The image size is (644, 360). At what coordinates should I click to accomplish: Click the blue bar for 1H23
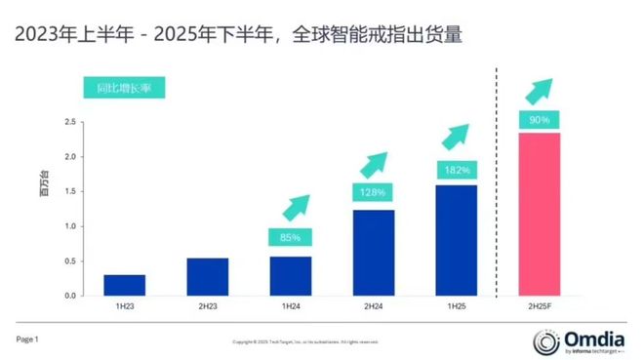(x=124, y=285)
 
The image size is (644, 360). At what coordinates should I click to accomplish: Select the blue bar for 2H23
(x=206, y=276)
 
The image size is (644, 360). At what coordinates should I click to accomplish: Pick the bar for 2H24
(x=374, y=252)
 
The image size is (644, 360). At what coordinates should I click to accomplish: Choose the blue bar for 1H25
(x=456, y=239)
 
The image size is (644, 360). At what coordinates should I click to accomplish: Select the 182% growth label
(x=456, y=170)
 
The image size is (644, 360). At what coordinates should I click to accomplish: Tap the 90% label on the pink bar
(x=539, y=120)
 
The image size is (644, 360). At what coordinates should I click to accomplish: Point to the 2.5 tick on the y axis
(x=69, y=122)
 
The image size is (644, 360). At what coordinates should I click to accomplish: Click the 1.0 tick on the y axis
(x=69, y=226)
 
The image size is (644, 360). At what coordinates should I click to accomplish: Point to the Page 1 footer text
(x=26, y=340)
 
